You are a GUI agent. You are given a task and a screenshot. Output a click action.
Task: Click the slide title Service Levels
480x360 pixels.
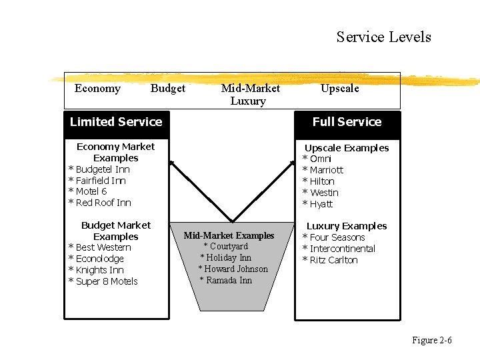[x=383, y=37]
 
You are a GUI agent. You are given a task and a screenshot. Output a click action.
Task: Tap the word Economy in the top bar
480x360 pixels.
[x=97, y=89]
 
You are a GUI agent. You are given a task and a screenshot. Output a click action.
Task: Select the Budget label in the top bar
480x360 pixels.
[x=168, y=89]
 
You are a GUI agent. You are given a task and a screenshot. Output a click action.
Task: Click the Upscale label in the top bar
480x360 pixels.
[x=339, y=89]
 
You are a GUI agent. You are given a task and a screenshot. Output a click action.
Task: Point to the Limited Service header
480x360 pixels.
[x=116, y=122]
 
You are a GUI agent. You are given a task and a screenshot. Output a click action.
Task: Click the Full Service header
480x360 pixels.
[x=347, y=122]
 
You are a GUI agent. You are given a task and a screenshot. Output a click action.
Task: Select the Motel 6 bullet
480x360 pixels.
[x=91, y=191]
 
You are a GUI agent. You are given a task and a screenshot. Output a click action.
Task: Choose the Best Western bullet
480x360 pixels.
[x=103, y=247]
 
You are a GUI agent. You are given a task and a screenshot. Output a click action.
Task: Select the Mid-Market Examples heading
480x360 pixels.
[x=229, y=235]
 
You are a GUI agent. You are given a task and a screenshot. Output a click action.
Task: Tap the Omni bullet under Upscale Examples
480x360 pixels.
[x=320, y=159]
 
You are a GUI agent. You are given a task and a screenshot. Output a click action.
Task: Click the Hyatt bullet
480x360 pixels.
[x=321, y=204]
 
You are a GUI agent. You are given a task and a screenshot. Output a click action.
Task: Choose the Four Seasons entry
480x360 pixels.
[x=337, y=237]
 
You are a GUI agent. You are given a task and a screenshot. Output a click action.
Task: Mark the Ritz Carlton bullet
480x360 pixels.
[x=333, y=260]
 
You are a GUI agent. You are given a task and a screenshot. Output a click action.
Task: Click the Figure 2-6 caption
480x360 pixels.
[x=431, y=341]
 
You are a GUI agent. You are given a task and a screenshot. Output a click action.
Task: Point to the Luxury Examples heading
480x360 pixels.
[x=346, y=226]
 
